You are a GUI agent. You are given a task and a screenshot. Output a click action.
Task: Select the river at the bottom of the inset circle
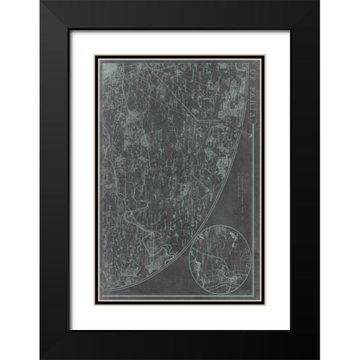click(217, 289)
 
